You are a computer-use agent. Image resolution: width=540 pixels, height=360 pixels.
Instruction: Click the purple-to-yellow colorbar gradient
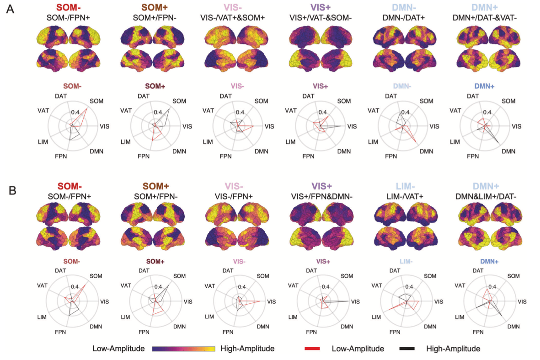[x=183, y=349]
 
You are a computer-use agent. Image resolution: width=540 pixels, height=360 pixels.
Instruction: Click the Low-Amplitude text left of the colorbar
[x=118, y=349]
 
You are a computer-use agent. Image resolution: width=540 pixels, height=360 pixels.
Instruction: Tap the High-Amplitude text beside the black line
[x=453, y=349]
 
